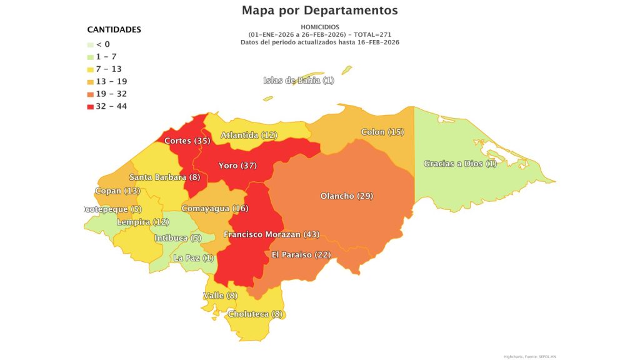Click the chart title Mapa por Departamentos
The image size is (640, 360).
point(319,11)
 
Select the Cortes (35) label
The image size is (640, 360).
point(187,141)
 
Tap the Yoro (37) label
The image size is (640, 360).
point(237,166)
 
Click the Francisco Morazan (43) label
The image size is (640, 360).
point(271,234)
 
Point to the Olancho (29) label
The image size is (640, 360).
point(346,196)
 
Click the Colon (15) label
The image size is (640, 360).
point(382,132)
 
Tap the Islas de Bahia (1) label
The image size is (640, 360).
point(299,80)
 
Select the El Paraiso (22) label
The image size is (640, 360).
point(301,254)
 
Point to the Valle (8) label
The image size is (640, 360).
point(220,295)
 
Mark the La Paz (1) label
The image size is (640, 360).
point(193,257)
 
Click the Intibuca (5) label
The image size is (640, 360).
point(178,237)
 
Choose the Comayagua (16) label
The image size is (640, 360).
point(214,208)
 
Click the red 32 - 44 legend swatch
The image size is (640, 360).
point(91,106)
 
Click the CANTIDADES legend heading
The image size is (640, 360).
point(114,29)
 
